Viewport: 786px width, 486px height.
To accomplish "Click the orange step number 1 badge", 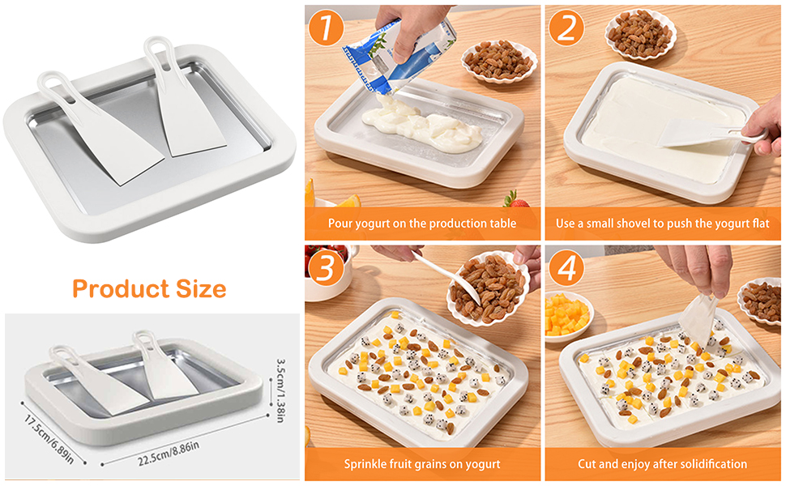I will (326, 27).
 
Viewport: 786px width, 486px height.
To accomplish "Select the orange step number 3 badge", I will (326, 269).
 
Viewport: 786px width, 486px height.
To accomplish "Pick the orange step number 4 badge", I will (566, 269).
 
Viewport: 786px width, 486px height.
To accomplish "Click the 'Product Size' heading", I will (149, 288).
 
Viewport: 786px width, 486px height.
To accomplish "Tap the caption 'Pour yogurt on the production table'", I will (421, 223).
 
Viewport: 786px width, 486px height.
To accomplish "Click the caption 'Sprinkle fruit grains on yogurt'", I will (421, 464).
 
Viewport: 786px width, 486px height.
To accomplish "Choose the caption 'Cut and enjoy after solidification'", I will (663, 464).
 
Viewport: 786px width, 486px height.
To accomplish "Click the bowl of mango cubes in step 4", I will (566, 313).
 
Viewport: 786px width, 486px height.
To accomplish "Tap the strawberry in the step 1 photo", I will (510, 198).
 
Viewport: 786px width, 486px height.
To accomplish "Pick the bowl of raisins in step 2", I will (640, 32).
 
